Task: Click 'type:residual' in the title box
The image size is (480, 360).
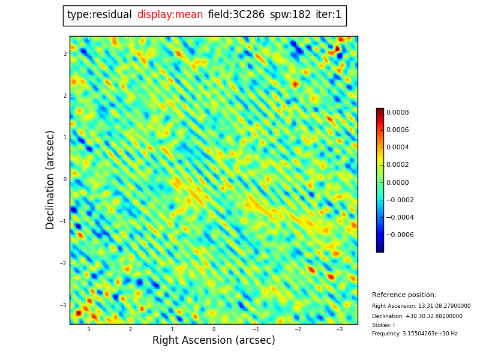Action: point(100,15)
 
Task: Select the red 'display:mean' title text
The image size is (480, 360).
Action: point(170,15)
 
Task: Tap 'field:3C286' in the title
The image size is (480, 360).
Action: point(236,15)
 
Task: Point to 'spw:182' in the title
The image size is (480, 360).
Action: point(290,15)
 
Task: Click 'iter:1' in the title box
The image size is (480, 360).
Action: point(328,15)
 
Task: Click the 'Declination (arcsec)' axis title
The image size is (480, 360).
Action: point(50,179)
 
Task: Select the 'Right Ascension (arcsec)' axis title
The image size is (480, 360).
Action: point(214,340)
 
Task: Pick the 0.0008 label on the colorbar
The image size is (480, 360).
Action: point(398,112)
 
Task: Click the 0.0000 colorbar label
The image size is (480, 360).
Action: point(398,182)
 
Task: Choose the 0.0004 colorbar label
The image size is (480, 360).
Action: point(398,147)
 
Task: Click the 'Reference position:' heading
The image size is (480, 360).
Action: point(404,295)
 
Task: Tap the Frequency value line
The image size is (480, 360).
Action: point(415,334)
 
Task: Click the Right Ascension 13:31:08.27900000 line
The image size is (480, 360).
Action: point(421,306)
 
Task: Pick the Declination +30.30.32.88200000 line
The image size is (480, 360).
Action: point(417,316)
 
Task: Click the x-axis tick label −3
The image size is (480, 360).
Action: point(338,329)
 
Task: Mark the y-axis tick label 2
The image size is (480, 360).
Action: point(65,96)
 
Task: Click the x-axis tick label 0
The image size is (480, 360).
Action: point(214,329)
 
